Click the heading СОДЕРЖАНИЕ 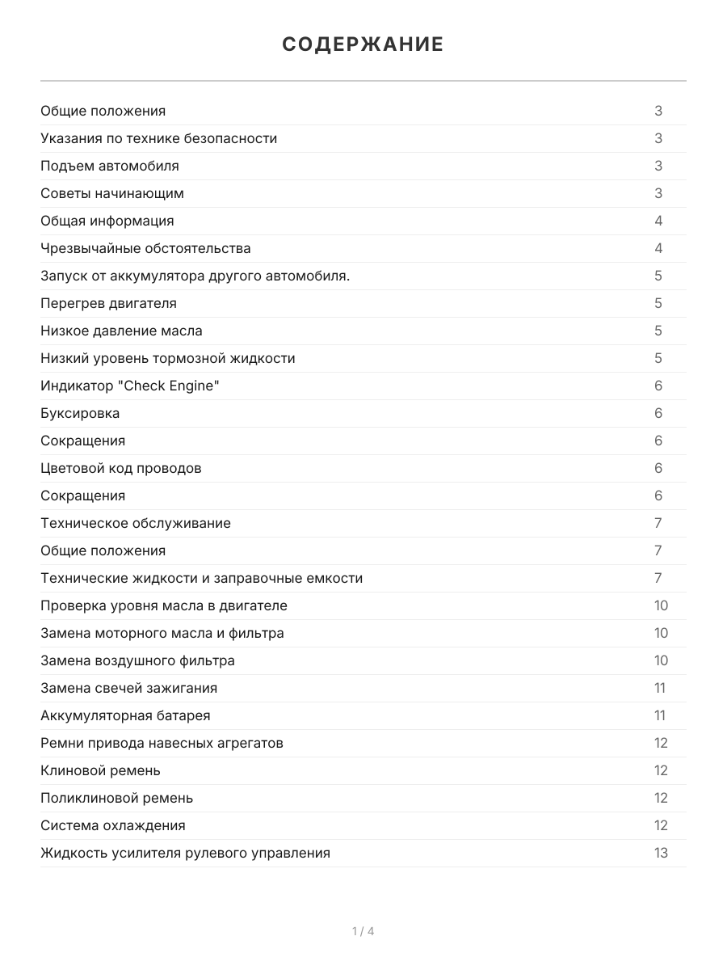[x=363, y=44]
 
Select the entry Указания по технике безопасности [x=158, y=138]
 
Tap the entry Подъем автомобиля [x=110, y=166]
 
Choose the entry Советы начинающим [x=112, y=193]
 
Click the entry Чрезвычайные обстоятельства [x=145, y=248]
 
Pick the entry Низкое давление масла [x=121, y=331]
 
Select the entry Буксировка [x=80, y=413]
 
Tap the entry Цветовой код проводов [x=121, y=468]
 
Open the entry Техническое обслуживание [x=136, y=523]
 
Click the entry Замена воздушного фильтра [x=137, y=660]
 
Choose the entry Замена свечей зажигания [x=128, y=688]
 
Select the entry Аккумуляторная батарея [x=125, y=715]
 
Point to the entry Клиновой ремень [x=100, y=770]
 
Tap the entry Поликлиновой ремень [x=116, y=798]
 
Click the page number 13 [x=661, y=853]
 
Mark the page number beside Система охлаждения [x=661, y=825]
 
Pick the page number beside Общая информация [x=658, y=221]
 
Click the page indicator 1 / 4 [x=363, y=931]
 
